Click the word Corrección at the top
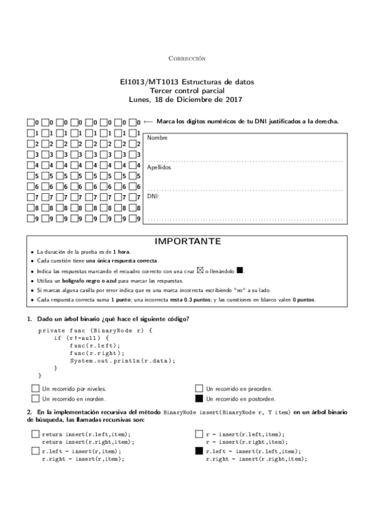(x=187, y=58)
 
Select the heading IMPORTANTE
(x=187, y=241)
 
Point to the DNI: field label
(x=153, y=196)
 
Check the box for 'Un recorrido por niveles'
(x=35, y=388)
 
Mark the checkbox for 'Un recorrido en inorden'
(x=35, y=398)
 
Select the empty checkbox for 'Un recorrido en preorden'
(x=199, y=388)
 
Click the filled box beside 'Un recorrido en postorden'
(x=199, y=398)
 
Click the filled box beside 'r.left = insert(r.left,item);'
(x=199, y=451)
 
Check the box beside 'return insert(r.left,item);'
(x=35, y=434)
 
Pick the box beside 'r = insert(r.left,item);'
(x=199, y=434)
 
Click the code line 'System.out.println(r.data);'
(x=122, y=360)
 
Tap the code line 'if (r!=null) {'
(x=81, y=337)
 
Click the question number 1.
(x=29, y=319)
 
